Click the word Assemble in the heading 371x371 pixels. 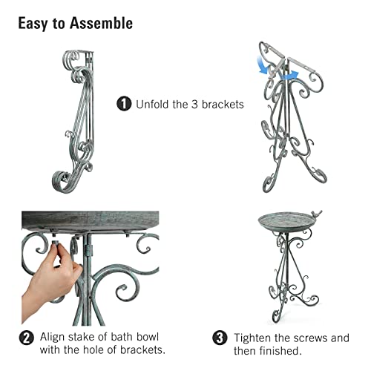pos(103,22)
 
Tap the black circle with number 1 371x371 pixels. pos(124,104)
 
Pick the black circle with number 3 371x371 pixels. pos(220,338)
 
